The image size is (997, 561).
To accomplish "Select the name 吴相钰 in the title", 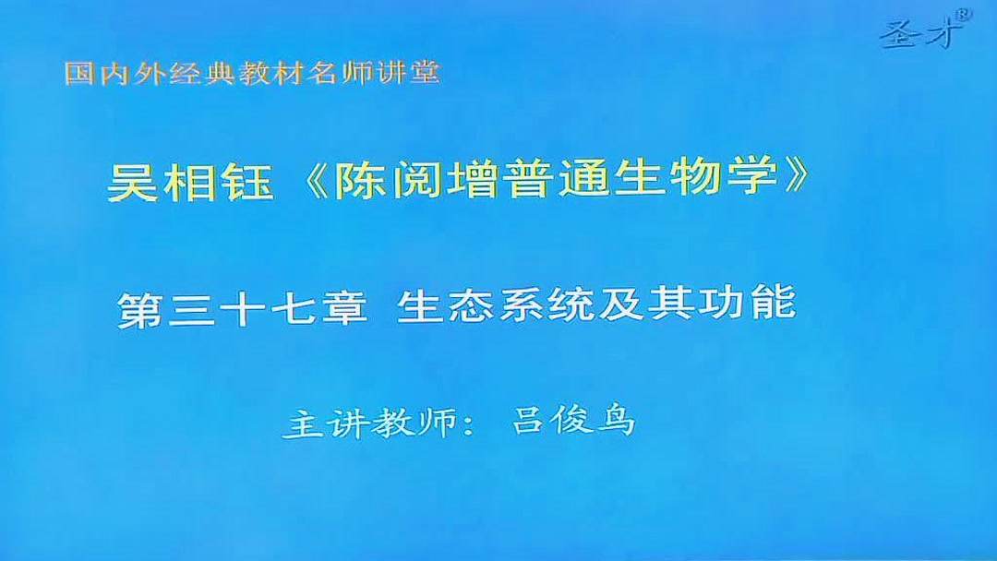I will (190, 182).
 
